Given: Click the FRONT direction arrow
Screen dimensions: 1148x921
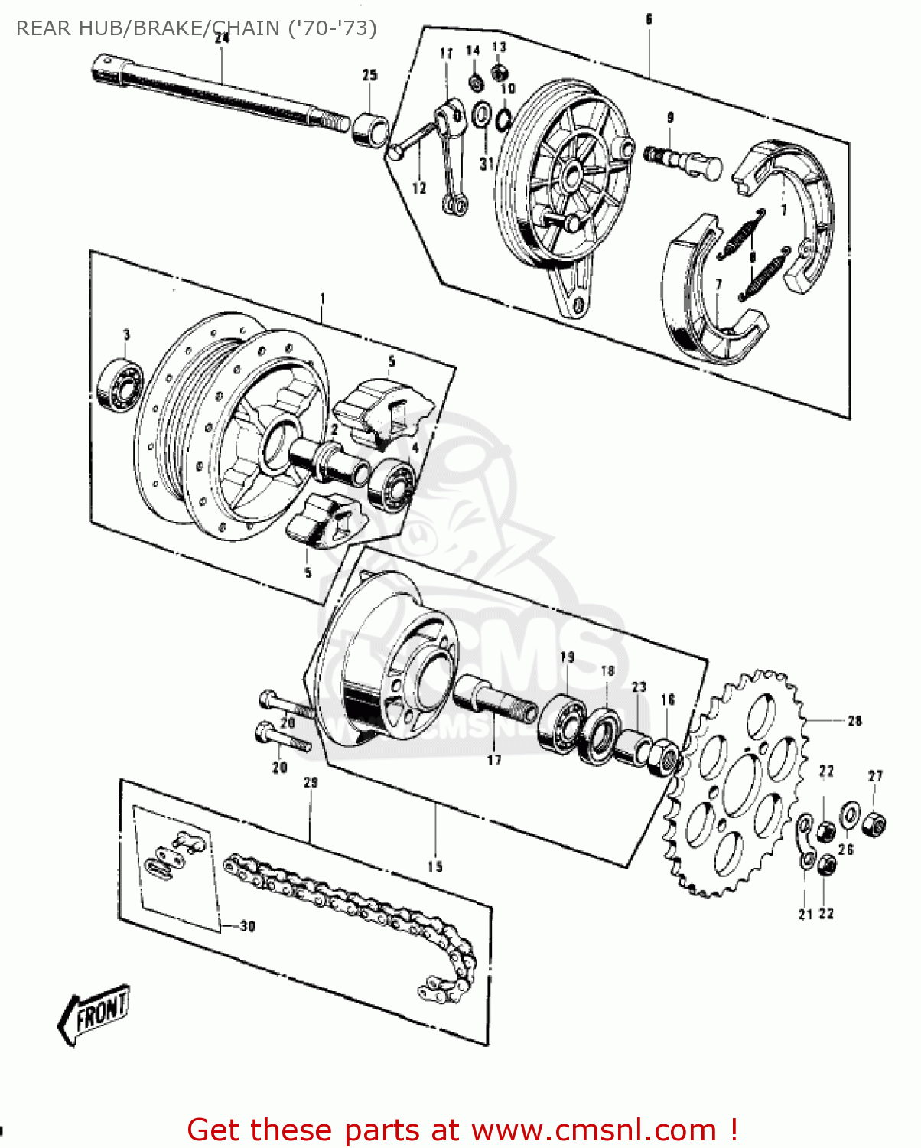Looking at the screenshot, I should click(x=94, y=1013).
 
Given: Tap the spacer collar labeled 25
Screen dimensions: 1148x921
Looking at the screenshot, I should click(x=371, y=128).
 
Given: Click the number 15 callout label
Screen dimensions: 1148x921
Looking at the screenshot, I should click(x=434, y=866).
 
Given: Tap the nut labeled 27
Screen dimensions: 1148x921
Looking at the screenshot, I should click(x=874, y=825).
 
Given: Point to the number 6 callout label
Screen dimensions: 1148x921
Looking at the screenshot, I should click(x=649, y=19).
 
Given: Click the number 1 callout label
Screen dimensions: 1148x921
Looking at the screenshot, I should click(x=322, y=298).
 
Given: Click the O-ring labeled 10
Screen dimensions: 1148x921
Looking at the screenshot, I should click(x=504, y=119).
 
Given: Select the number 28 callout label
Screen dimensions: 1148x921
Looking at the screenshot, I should click(x=854, y=720).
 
